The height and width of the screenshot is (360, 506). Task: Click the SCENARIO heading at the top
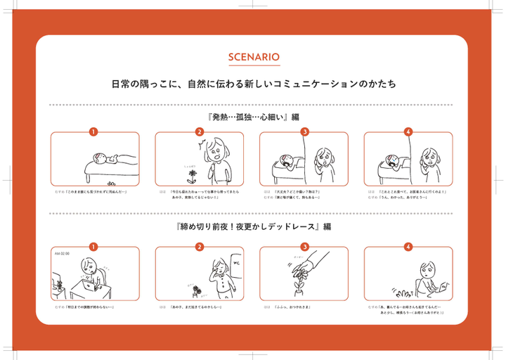click(254, 57)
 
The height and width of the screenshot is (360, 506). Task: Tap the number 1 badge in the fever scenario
click(93, 131)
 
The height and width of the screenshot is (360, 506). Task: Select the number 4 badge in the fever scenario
click(408, 131)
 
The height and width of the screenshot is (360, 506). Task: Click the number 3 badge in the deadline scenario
click(305, 246)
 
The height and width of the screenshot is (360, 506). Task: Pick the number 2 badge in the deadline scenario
click(200, 246)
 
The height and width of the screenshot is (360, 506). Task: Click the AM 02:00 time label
click(62, 252)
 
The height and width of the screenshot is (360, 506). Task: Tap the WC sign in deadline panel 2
click(235, 264)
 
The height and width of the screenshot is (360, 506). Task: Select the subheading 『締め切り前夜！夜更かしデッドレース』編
click(254, 227)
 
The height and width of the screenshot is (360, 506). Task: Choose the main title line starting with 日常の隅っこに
click(254, 84)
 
